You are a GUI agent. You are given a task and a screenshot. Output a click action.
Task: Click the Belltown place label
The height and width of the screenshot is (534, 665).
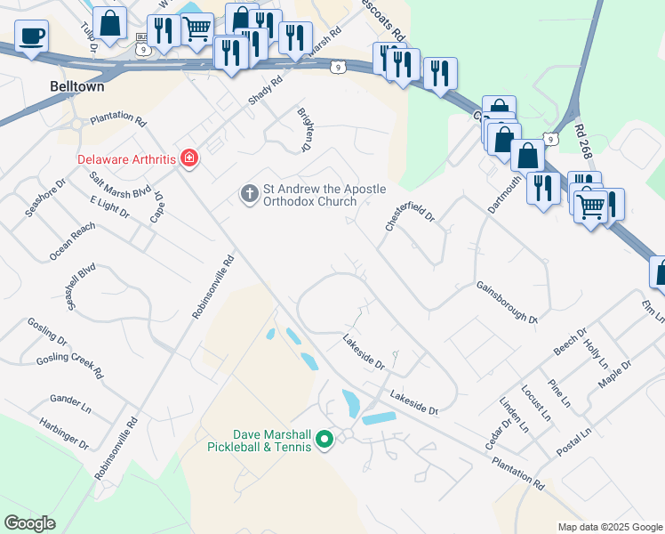pyautogui.click(x=76, y=87)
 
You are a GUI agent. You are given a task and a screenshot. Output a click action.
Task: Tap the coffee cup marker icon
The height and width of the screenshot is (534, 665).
pyautogui.click(x=31, y=36)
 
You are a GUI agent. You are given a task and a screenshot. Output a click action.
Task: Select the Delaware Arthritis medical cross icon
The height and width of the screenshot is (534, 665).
pyautogui.click(x=188, y=158)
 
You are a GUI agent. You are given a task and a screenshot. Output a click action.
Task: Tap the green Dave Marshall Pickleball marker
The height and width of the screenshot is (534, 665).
pyautogui.click(x=324, y=438)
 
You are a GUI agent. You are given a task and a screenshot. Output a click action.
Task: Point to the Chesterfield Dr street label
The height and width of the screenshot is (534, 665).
pyautogui.click(x=410, y=214)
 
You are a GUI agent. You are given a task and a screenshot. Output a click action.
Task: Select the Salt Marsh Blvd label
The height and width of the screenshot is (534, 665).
pyautogui.click(x=121, y=185)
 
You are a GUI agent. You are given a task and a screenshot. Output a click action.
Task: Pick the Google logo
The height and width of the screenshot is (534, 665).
pyautogui.click(x=30, y=523)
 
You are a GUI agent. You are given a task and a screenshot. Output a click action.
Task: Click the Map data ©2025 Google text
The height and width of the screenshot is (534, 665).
pyautogui.click(x=609, y=527)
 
